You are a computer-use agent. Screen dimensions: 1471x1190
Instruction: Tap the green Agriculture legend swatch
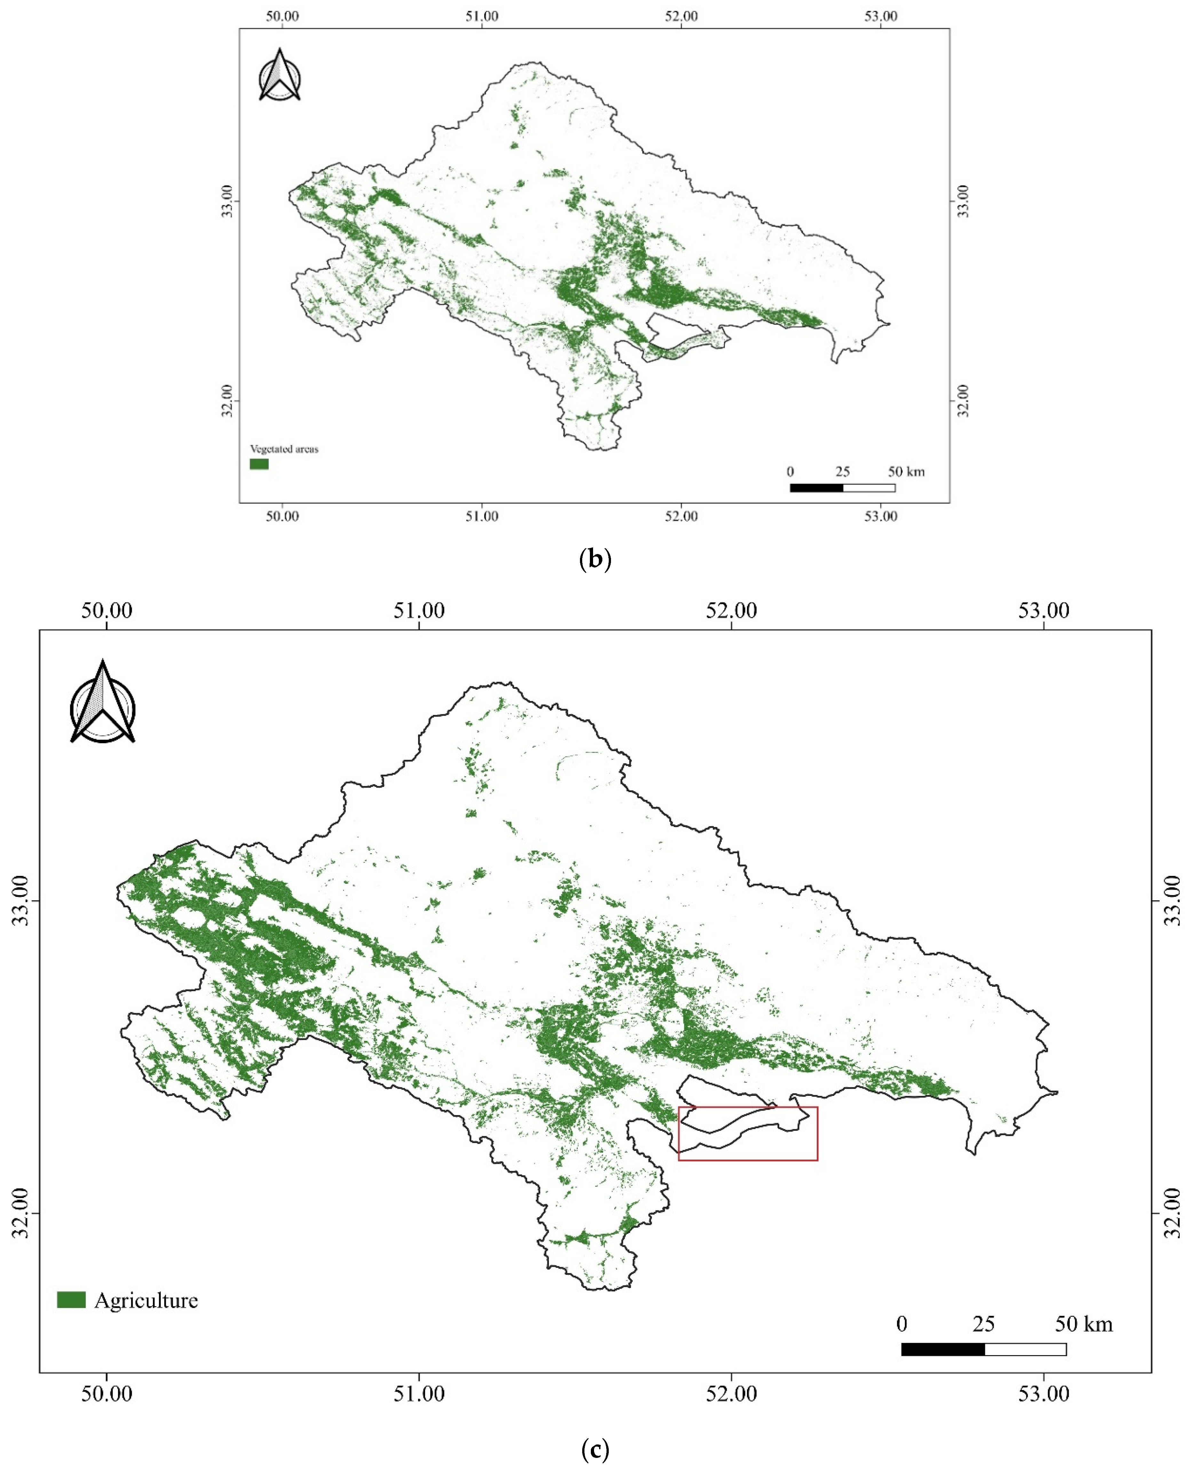[x=71, y=1300]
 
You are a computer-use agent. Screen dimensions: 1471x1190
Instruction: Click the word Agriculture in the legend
[x=146, y=1301]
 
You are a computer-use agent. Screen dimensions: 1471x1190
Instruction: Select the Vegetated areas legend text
[x=284, y=449]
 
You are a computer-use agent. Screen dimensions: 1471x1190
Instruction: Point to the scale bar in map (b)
[x=843, y=487]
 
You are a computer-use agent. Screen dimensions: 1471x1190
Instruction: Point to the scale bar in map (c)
[x=984, y=1350]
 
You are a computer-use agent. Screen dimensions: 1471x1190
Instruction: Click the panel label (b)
[x=595, y=559]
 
